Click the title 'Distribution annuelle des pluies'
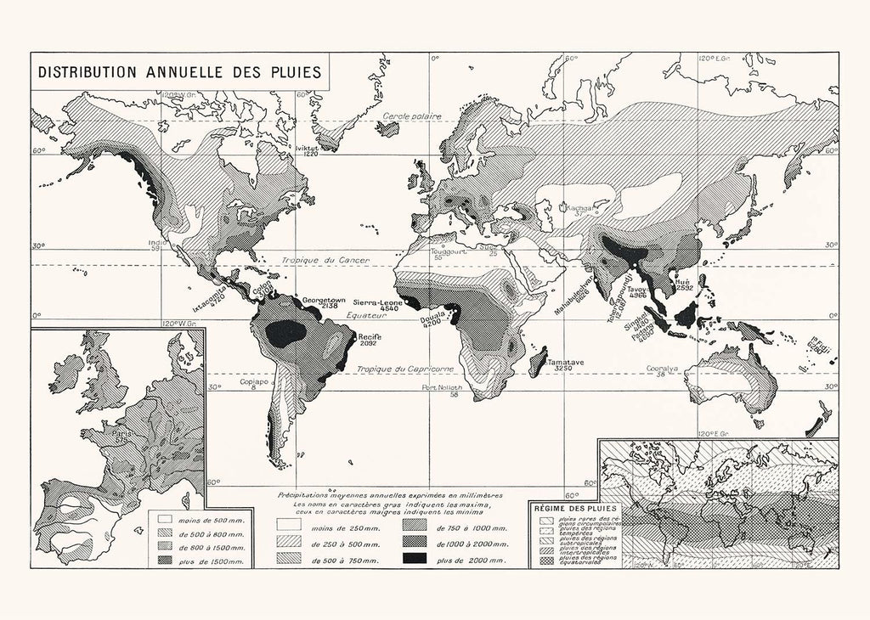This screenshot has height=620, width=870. [179, 72]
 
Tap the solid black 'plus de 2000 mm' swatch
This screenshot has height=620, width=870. [414, 558]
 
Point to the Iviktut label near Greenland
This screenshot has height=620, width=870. [306, 146]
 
